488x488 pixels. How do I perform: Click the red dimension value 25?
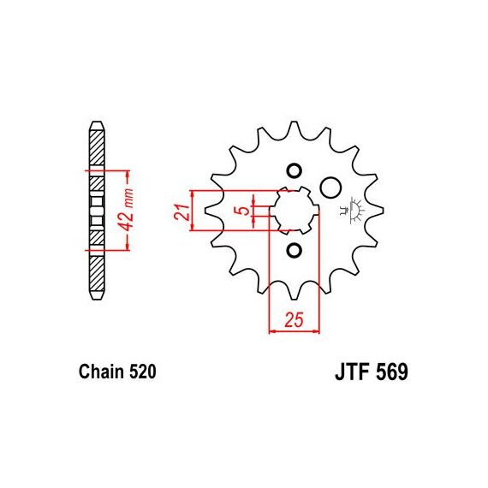point(294,320)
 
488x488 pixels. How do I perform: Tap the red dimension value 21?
point(182,212)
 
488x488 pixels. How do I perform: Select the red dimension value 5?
point(244,211)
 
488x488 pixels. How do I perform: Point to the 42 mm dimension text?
point(128,210)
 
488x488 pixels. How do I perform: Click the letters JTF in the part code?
point(352,372)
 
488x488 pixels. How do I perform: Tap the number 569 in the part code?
point(392,372)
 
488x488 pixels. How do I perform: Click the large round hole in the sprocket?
point(330,187)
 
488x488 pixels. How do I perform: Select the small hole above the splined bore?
point(294,171)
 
